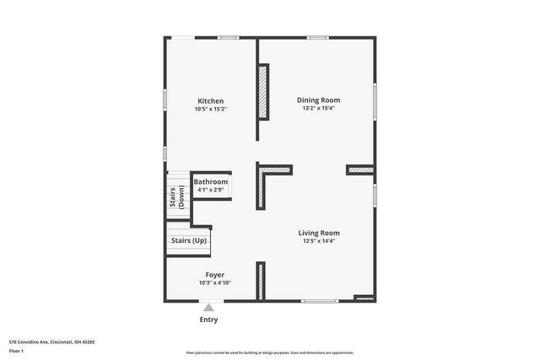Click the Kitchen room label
210,101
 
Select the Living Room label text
319,233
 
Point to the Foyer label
214,275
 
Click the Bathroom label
210,182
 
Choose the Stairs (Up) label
188,241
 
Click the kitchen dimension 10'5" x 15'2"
210,109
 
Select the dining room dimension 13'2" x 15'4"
319,108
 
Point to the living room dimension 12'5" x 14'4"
319,240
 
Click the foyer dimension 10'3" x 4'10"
214,282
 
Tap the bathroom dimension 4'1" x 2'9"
210,190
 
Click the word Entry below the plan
208,320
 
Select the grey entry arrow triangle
208,308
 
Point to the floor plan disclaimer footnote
270,353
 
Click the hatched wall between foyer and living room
261,281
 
